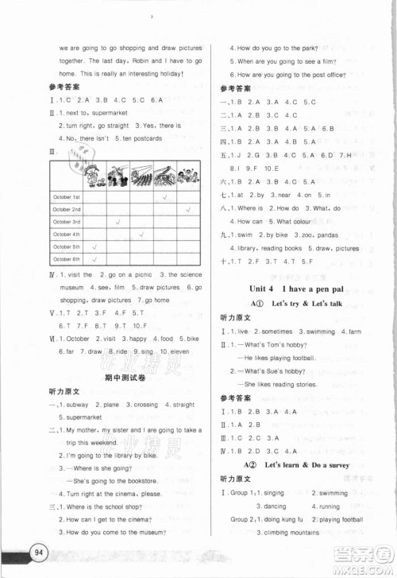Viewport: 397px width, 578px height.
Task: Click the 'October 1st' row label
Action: point(67,196)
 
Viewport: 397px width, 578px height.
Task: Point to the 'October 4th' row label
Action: point(67,235)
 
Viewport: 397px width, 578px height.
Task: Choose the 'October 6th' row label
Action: point(67,259)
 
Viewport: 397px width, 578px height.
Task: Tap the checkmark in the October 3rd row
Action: point(118,221)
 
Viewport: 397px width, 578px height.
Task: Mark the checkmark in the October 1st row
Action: point(164,196)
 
